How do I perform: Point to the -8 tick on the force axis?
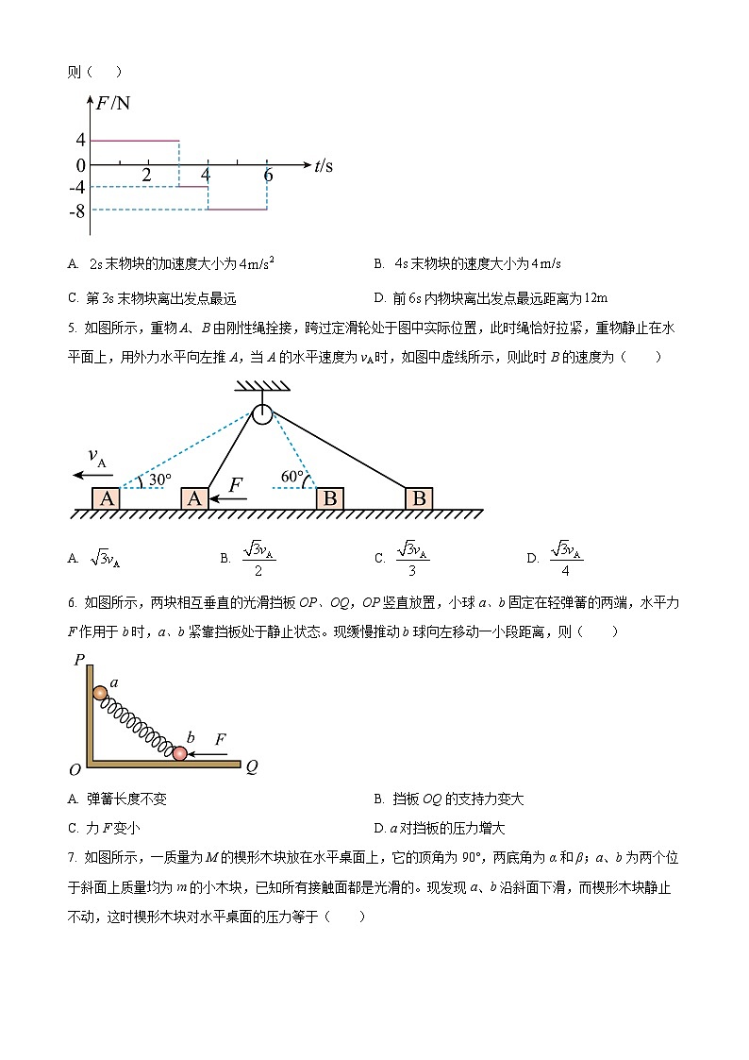tap(77, 210)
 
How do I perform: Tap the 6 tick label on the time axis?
tap(268, 177)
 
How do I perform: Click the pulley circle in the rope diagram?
tap(261, 413)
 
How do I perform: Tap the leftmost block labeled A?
tap(107, 499)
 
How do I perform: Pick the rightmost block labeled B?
tap(419, 499)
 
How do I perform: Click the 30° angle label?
tap(159, 480)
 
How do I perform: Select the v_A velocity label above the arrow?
tap(97, 457)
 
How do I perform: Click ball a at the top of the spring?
tap(100, 693)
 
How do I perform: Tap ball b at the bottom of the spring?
tap(179, 753)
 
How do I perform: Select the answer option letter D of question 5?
tap(532, 559)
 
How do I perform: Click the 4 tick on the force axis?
tap(81, 141)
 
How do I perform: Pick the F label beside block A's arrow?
tap(236, 485)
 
